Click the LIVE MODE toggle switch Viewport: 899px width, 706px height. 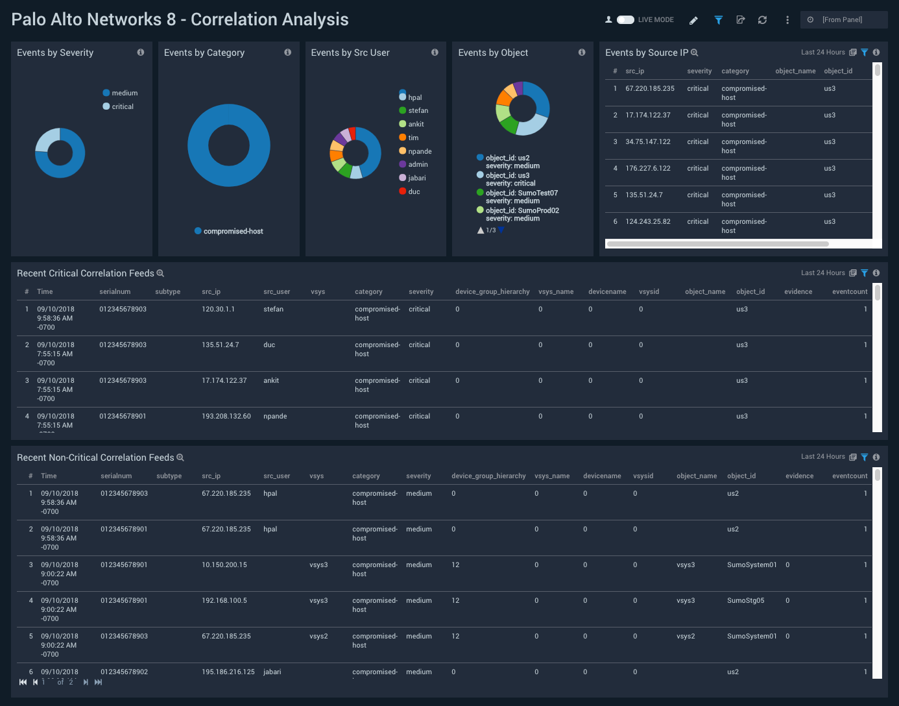(625, 20)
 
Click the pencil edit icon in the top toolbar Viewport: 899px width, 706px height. (693, 20)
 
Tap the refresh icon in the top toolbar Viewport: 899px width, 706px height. (763, 20)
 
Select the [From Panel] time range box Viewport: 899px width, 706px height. (843, 20)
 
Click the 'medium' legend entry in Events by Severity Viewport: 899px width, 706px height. (124, 93)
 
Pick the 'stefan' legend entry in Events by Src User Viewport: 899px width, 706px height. (418, 111)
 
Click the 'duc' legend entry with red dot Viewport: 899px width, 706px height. (414, 192)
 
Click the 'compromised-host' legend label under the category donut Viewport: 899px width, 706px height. (233, 232)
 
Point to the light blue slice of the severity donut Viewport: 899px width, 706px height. (47, 140)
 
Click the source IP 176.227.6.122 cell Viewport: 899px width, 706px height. (647, 169)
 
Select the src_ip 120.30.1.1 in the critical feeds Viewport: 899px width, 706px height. (218, 310)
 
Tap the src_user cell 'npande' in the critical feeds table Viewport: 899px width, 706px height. (275, 417)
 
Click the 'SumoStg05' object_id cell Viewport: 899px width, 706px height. (745, 601)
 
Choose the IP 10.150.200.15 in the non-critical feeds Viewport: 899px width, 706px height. (224, 565)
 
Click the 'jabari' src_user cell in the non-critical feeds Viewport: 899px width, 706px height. (272, 672)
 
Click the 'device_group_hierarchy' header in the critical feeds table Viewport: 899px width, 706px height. (492, 292)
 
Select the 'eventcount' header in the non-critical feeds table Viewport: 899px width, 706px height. (849, 476)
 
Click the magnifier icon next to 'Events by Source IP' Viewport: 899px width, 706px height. (695, 53)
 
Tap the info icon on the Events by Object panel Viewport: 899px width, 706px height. (582, 53)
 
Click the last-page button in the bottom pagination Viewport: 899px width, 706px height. (99, 682)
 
